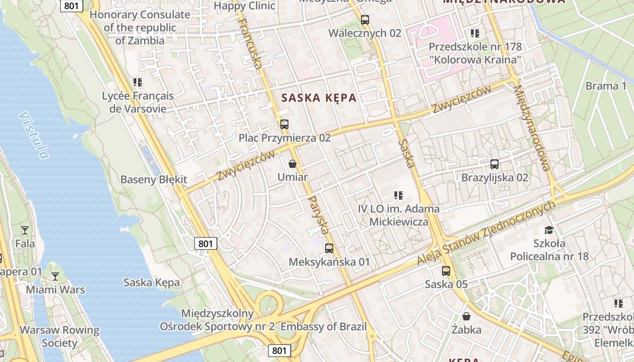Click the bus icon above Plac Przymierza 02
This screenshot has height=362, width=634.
284,124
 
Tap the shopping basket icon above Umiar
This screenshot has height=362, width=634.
293,163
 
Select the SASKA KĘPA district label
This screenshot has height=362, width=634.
319,98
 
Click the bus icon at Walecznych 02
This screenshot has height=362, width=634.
365,20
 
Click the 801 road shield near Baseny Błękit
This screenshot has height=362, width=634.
206,244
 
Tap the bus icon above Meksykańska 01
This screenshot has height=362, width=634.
329,248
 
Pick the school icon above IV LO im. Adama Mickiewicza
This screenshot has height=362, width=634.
399,195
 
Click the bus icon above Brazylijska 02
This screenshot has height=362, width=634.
495,164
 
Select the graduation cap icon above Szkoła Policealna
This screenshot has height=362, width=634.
549,230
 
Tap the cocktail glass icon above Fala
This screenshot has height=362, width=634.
24,230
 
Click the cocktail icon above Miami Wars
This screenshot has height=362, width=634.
55,276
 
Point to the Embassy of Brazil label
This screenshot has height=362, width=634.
323,327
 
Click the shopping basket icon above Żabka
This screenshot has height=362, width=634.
466,316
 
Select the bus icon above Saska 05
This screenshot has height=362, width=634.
446,271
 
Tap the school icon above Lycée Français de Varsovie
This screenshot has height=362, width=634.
138,82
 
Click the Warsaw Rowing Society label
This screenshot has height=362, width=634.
59,336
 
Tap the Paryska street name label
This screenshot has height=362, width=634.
318,215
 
